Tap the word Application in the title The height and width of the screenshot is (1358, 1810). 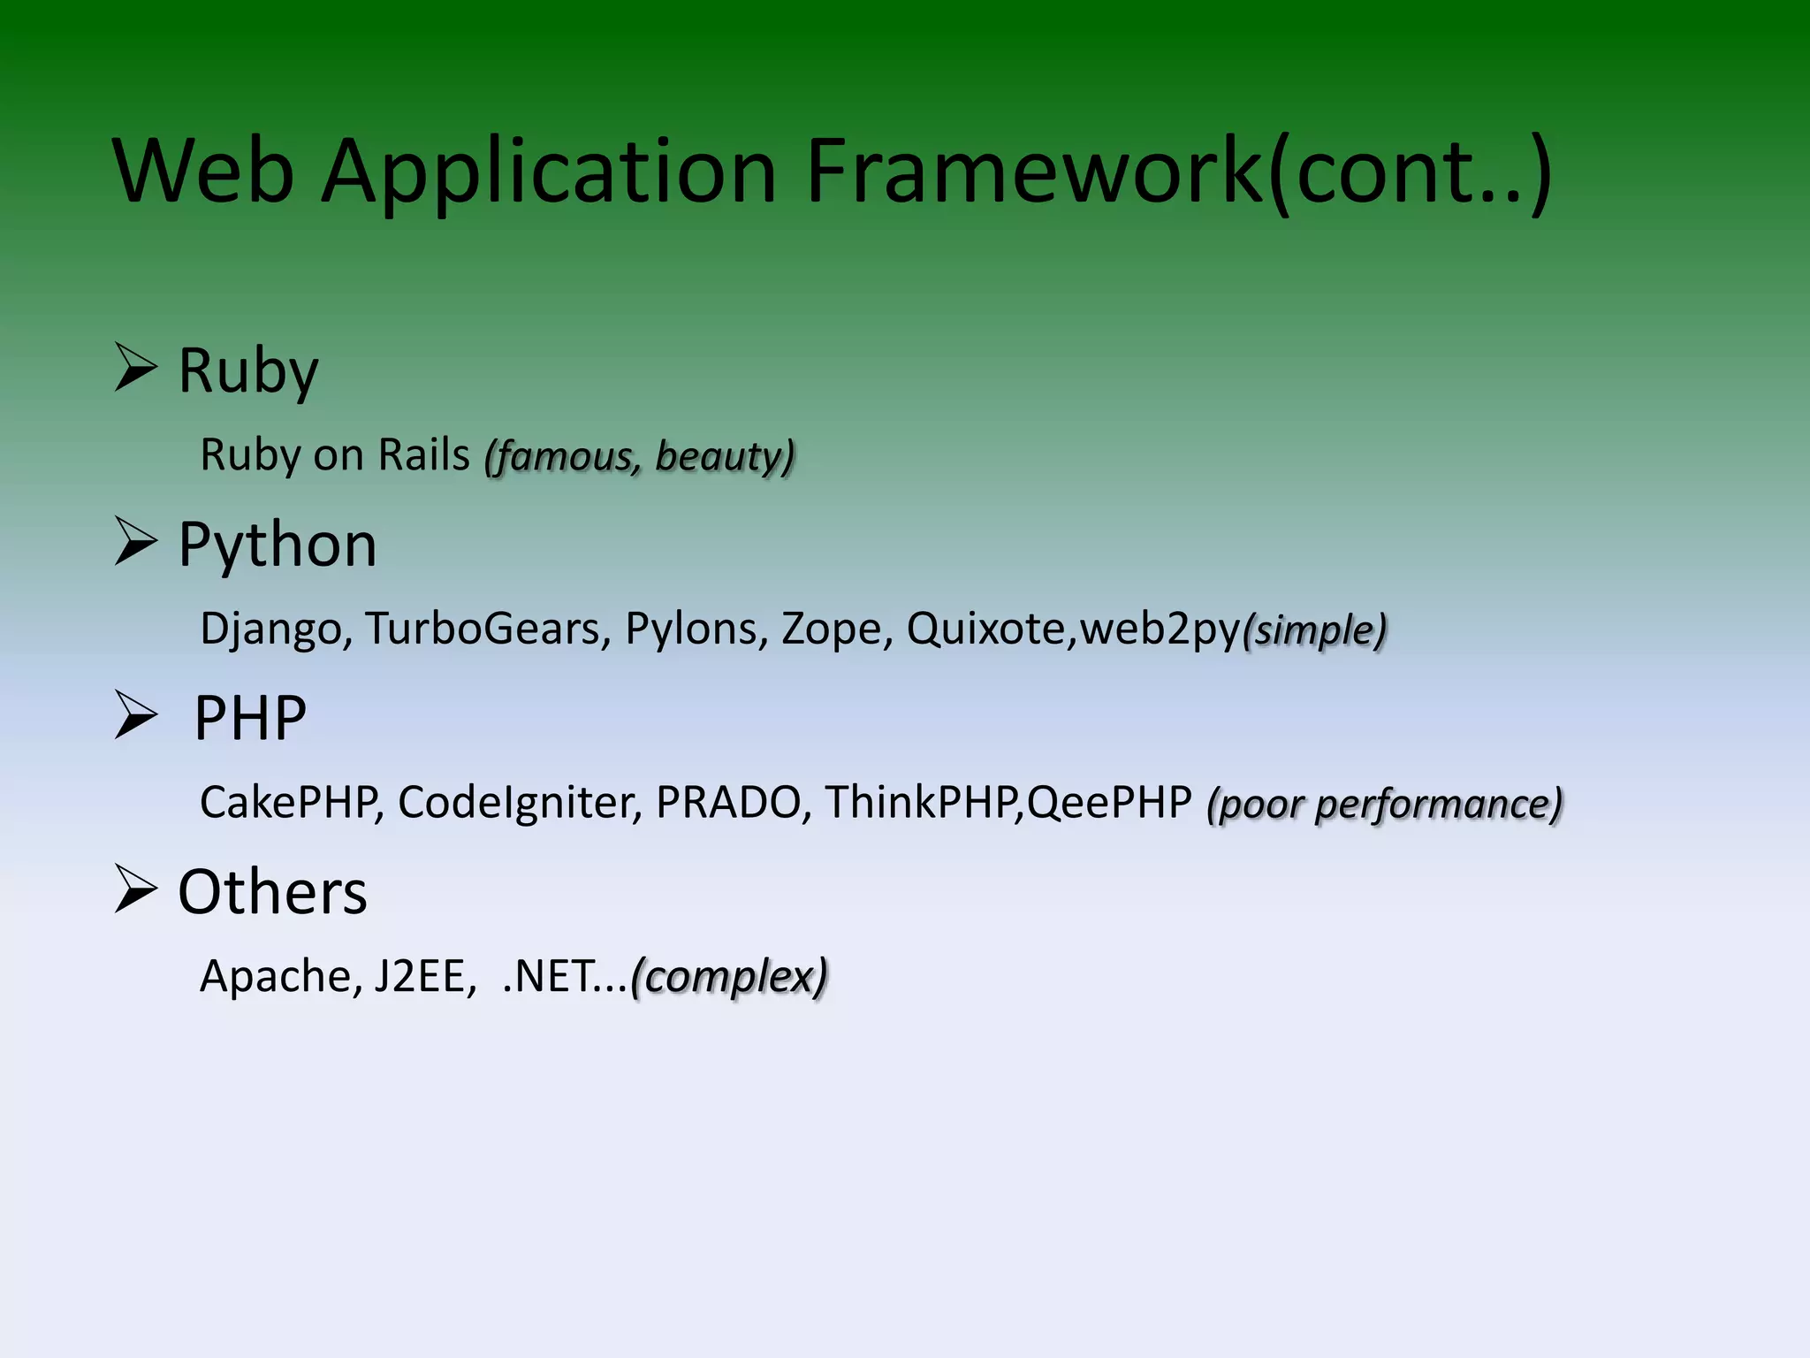point(548,172)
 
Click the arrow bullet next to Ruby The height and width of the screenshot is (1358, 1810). point(136,368)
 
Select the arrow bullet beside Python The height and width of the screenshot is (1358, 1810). point(136,542)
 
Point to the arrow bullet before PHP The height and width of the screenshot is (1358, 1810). point(136,715)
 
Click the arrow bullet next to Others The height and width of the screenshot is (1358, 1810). point(136,889)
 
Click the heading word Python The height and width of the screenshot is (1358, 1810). point(278,545)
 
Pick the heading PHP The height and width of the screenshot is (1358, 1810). point(250,718)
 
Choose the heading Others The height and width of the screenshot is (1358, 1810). point(272,891)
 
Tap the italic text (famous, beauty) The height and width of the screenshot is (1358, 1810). point(640,456)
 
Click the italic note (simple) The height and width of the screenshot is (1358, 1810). point(1315,630)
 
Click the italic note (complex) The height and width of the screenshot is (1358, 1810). point(730,977)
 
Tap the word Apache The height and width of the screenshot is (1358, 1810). point(280,977)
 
